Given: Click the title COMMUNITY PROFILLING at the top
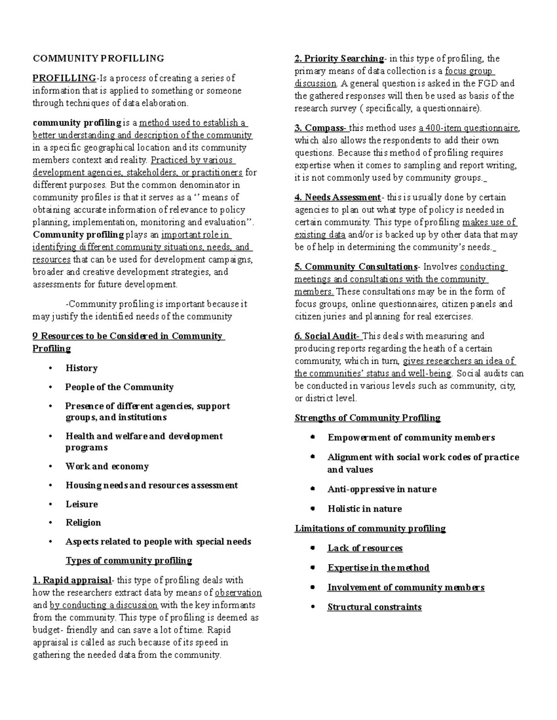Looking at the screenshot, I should (98, 58).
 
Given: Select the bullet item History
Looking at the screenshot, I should (82, 368).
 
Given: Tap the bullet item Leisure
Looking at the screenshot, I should (82, 504).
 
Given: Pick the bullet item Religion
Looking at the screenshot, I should (83, 522).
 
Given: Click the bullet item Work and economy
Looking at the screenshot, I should (107, 466).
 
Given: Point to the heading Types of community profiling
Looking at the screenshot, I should (129, 561).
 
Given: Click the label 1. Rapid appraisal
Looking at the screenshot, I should (72, 580).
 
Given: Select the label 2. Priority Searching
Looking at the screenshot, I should (339, 58).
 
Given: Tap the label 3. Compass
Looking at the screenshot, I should (320, 128).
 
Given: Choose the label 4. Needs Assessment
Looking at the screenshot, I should (337, 197).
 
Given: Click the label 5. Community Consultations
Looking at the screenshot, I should (356, 267).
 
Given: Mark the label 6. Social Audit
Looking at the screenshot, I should (327, 336).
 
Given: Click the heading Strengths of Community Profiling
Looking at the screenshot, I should (367, 418).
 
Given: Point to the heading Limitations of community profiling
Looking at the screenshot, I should (370, 528).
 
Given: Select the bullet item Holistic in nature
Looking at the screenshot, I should (364, 509).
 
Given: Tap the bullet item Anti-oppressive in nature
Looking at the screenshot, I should (382, 489).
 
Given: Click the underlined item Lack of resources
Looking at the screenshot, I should (365, 548).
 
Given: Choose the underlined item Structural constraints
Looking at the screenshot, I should (374, 607).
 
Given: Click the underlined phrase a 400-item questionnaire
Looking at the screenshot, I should (469, 128).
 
